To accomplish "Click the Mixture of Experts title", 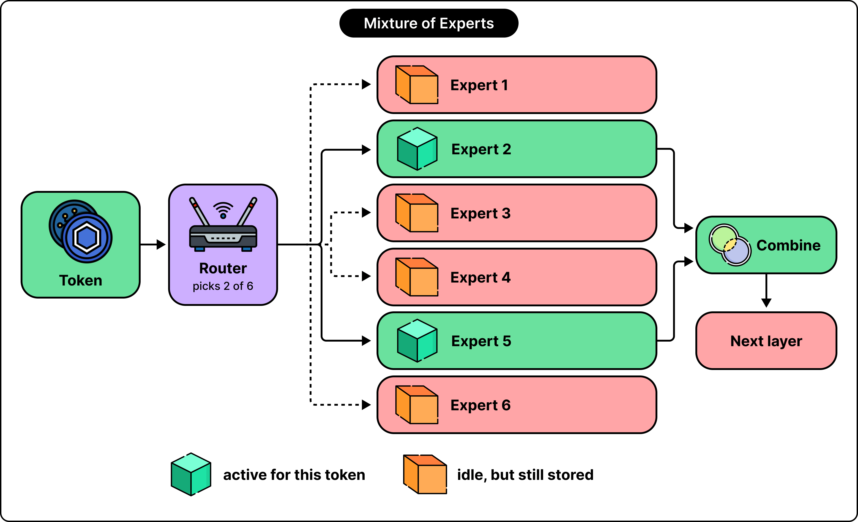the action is coord(429,23).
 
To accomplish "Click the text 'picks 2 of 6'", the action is coord(223,286).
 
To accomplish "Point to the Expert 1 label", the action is coord(479,85).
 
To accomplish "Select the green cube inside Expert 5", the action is coord(417,341).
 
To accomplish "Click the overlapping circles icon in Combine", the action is coord(730,245).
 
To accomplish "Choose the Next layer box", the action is coord(766,341).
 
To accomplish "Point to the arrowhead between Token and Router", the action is coord(161,245).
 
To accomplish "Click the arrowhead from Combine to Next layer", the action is coord(766,303).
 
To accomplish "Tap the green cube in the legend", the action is coord(191,474).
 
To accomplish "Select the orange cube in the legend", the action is coord(425,474).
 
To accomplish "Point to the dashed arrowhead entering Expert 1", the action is coord(366,84).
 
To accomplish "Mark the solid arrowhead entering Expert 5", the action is coord(366,341).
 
